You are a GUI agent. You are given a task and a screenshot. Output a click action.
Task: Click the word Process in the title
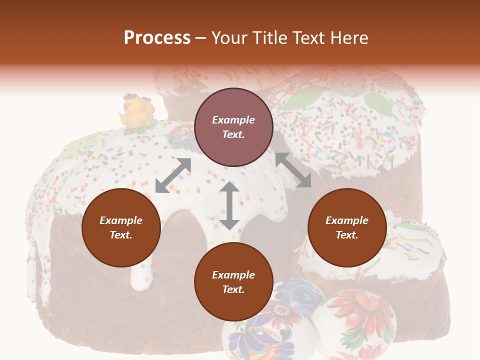157,38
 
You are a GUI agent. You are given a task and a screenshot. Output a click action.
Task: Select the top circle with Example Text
233,127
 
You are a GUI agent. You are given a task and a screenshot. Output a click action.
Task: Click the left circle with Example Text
121,227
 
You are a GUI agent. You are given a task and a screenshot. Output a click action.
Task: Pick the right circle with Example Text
347,227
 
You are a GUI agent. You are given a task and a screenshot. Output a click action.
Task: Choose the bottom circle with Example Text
233,282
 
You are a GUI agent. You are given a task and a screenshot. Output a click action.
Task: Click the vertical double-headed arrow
229,205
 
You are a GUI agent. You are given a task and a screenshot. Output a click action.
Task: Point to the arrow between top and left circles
173,175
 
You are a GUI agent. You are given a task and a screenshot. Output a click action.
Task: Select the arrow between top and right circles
293,170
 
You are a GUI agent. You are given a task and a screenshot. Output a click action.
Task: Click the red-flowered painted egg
356,320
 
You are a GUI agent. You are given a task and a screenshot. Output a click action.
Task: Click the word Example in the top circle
233,120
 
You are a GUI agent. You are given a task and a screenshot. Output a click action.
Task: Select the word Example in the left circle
121,220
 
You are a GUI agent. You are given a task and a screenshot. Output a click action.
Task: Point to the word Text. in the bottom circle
233,289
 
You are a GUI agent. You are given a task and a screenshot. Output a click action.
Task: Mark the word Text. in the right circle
347,235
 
